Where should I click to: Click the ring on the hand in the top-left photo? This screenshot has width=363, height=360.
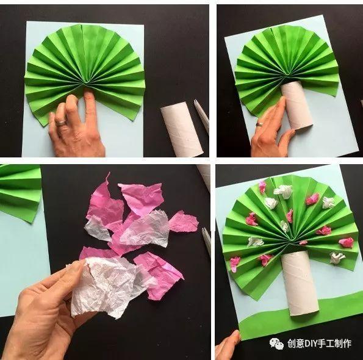tap(61, 123)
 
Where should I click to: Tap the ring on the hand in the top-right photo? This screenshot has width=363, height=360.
tap(259, 124)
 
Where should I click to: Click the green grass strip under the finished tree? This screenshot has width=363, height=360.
tap(301, 320)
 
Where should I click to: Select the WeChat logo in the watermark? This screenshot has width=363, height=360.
tap(276, 344)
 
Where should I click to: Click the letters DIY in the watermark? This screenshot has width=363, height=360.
tap(312, 344)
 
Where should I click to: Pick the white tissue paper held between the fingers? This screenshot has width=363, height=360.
tap(109, 285)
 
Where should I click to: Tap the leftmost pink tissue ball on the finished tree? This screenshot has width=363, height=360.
tap(235, 264)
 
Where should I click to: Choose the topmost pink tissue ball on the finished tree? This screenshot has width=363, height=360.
tap(262, 187)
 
